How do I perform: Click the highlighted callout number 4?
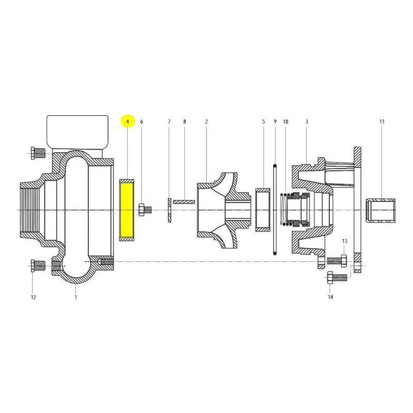(128, 122)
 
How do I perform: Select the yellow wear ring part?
(126, 210)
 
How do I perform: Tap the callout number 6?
(141, 122)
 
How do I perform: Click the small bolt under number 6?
(145, 210)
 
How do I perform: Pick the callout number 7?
(169, 122)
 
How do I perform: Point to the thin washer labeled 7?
(169, 210)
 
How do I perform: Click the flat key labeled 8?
(184, 202)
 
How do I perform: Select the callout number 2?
(206, 122)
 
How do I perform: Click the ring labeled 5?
(263, 210)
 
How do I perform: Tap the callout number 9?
(275, 122)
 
